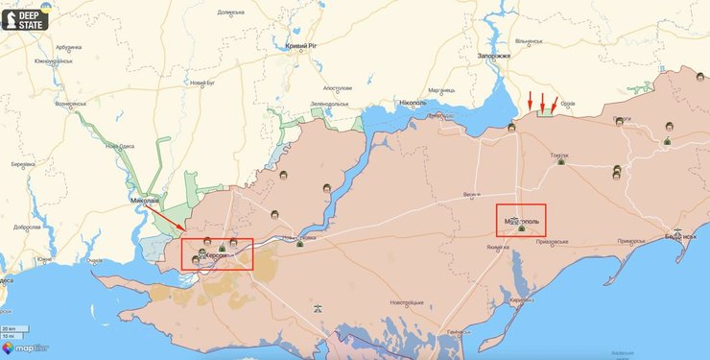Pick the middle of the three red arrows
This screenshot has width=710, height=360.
[542, 101]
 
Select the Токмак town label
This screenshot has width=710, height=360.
[559, 155]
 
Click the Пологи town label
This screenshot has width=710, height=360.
[622, 118]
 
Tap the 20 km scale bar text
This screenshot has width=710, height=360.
[9, 329]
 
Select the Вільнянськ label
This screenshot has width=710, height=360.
[530, 41]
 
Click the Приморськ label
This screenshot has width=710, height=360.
[632, 241]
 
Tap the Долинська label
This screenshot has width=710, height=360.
[231, 12]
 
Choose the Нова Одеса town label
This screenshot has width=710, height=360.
[119, 147]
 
